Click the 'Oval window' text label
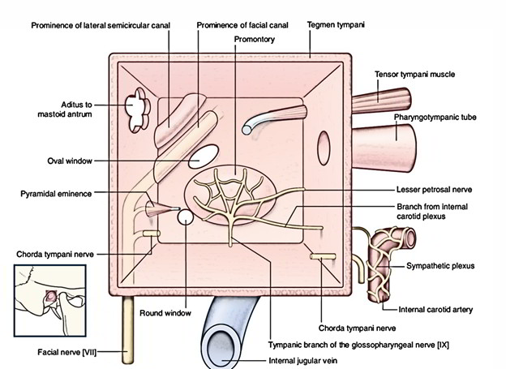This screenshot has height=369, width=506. [68, 161]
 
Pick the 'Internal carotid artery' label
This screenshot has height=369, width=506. [437, 309]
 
